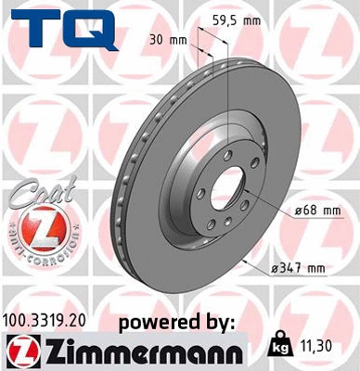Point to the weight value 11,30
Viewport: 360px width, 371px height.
[318, 344]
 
